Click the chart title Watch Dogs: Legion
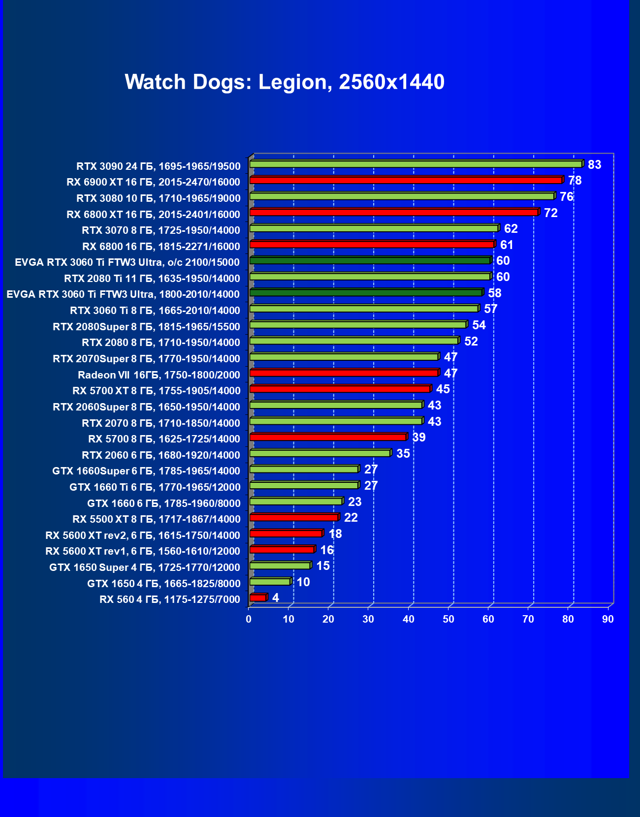[x=285, y=82]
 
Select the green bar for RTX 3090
[x=416, y=164]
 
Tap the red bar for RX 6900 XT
[x=406, y=180]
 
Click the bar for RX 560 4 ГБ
[x=258, y=597]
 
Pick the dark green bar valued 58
[x=366, y=293]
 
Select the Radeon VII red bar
[x=344, y=373]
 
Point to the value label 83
[x=594, y=165]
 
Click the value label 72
[x=550, y=213]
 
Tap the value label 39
[x=419, y=438]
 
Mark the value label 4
[x=276, y=598]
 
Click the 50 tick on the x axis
[x=448, y=619]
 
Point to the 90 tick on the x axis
[x=608, y=619]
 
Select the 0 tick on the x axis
[x=249, y=619]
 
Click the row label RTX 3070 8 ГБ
[x=161, y=230]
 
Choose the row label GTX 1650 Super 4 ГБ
[x=145, y=567]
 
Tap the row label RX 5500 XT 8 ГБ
[x=157, y=519]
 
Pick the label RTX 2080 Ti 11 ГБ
[x=152, y=279]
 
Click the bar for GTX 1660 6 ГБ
[x=296, y=502]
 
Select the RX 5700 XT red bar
[x=340, y=389]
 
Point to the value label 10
[x=303, y=582]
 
